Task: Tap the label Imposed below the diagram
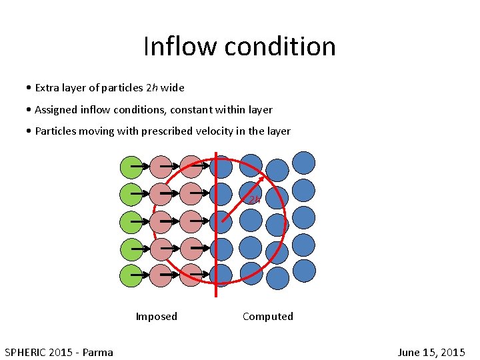[x=156, y=316]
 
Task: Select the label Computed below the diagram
[x=267, y=316]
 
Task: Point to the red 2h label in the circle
[x=254, y=199]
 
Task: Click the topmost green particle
[x=131, y=167]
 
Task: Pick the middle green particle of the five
[x=131, y=221]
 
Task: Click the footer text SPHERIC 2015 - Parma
[x=59, y=352]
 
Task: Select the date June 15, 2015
[x=431, y=352]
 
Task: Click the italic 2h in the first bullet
[x=151, y=87]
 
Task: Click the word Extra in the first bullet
[x=47, y=87]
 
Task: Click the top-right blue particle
[x=304, y=163]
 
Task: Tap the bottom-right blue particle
[x=304, y=271]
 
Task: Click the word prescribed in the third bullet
[x=167, y=131]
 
